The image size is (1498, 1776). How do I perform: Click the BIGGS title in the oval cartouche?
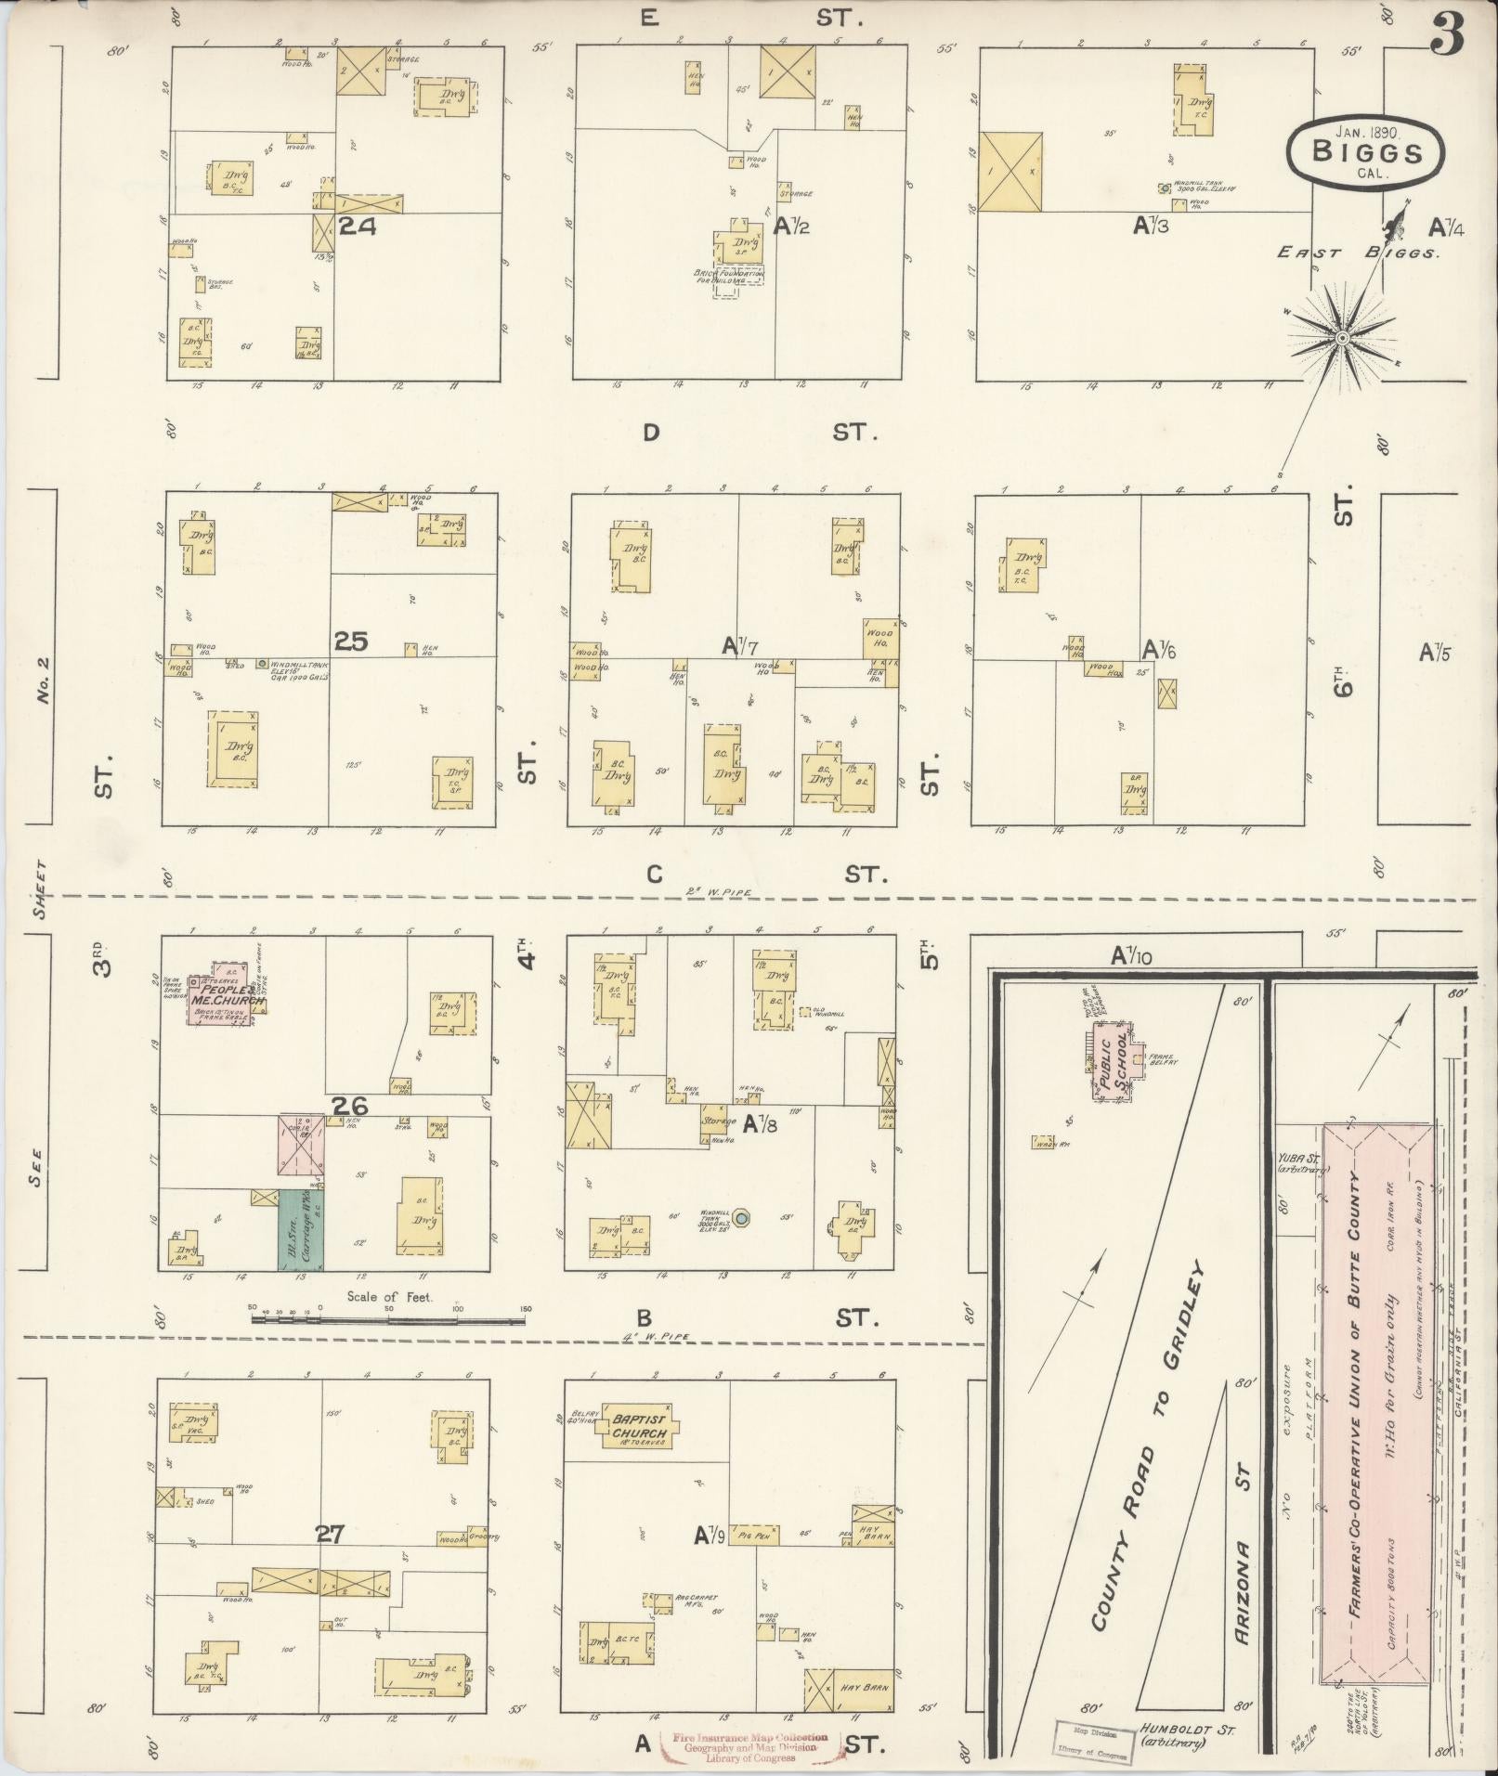(1366, 153)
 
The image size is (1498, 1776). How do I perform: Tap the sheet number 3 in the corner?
(1446, 32)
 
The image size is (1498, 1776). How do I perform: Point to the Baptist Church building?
(639, 1425)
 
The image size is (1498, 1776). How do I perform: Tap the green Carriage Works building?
(301, 1229)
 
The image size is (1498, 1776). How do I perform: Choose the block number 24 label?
(358, 226)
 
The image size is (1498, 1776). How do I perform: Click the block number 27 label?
(330, 1534)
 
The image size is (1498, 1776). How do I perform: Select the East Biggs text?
(1356, 252)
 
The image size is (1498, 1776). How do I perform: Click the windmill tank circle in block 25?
(263, 664)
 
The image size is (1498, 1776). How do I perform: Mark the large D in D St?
(651, 433)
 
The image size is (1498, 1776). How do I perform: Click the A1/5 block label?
(1434, 653)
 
